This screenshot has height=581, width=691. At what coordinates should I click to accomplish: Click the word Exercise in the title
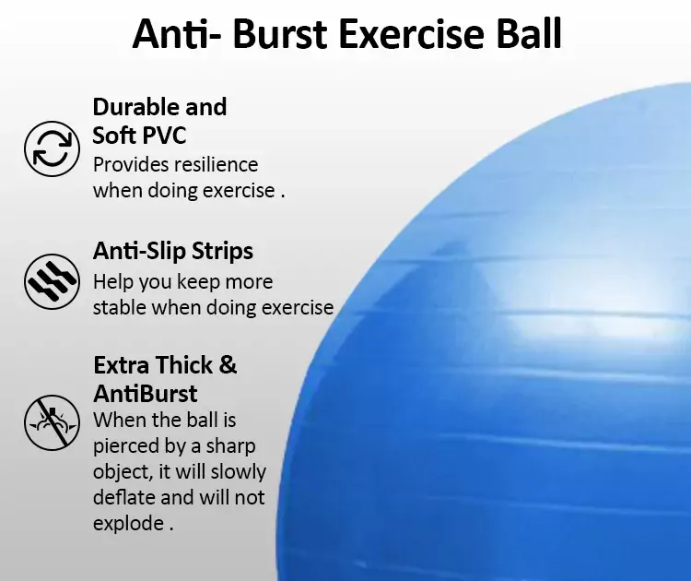(412, 34)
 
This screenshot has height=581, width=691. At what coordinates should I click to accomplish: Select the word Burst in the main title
(279, 34)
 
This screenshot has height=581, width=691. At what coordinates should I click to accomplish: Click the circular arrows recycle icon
(52, 148)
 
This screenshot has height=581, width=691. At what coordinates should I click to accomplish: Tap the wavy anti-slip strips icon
(52, 281)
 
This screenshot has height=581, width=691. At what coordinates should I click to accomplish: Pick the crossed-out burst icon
(52, 422)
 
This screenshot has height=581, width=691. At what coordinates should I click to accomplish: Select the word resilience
(216, 164)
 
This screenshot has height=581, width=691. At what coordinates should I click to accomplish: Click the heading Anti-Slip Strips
(173, 251)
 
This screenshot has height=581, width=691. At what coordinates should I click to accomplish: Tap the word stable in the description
(119, 307)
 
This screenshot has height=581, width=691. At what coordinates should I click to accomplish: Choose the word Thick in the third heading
(183, 365)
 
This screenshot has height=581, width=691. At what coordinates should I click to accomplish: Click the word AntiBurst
(145, 394)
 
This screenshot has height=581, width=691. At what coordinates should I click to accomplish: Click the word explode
(128, 524)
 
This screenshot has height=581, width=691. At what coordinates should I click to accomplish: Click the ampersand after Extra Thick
(228, 365)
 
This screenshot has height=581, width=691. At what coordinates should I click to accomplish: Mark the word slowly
(239, 472)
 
